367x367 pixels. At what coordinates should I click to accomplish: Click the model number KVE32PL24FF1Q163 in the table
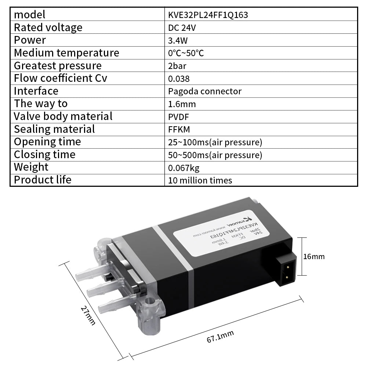coord(208,15)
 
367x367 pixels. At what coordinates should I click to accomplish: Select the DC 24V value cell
coord(182,28)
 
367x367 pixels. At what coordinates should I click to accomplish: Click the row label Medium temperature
coord(66,53)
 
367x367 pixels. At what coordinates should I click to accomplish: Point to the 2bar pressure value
coord(178,66)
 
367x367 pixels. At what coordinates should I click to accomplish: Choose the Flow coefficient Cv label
coord(60,78)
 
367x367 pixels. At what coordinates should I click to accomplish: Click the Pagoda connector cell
coord(204,91)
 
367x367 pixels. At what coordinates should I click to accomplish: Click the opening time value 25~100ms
coord(215,142)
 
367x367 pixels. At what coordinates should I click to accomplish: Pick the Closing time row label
coord(44,155)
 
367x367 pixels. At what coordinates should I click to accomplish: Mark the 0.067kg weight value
coord(183,168)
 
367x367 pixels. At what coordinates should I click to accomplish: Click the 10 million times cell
coord(200,180)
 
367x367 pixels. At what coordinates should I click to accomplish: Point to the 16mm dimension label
coord(314,257)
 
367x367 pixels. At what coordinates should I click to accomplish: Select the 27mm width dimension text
coord(88,315)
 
